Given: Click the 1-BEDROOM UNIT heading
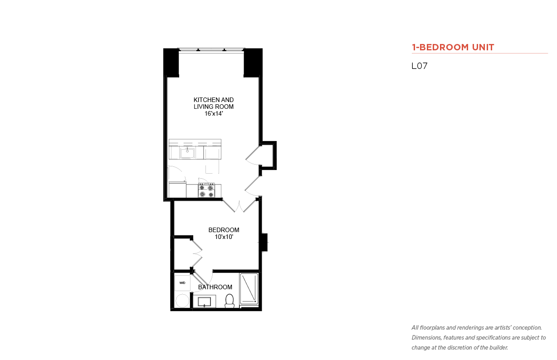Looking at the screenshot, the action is click(x=453, y=47).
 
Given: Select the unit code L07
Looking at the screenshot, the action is click(x=420, y=66).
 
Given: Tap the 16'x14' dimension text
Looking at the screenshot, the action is click(x=214, y=114).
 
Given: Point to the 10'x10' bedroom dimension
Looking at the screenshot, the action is click(x=224, y=237).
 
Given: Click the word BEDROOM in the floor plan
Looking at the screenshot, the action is click(x=224, y=230).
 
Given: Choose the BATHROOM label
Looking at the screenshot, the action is click(x=215, y=287).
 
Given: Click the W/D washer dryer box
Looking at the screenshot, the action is click(x=182, y=283).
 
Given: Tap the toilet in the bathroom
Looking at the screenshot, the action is click(x=230, y=301).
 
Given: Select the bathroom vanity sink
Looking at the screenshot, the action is click(x=205, y=302).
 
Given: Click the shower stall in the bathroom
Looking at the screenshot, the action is click(x=249, y=289).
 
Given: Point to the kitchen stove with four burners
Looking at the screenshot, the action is click(x=206, y=190).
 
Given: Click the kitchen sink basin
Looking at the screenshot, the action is click(x=187, y=153).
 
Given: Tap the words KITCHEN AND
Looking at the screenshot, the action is click(x=214, y=100).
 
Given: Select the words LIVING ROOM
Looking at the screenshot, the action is click(x=214, y=107).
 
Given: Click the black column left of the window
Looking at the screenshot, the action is click(x=171, y=63).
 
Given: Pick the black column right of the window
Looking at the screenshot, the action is click(x=253, y=63).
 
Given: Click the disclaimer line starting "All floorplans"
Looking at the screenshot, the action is click(x=476, y=328).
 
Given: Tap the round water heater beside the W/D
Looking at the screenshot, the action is click(x=182, y=301).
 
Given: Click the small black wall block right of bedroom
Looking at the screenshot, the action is click(x=264, y=242).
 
